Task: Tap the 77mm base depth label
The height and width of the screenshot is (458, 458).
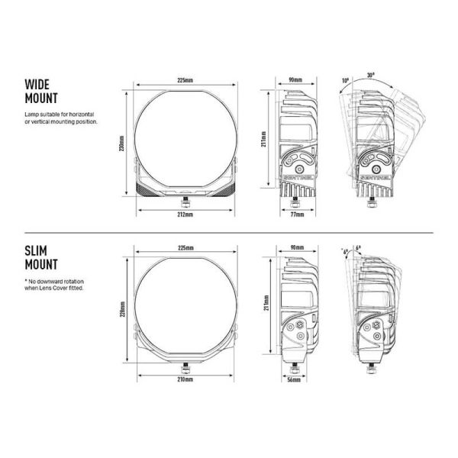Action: (297, 215)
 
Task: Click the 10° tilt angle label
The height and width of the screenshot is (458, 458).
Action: (345, 79)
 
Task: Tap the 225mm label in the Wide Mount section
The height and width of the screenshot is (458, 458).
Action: (183, 79)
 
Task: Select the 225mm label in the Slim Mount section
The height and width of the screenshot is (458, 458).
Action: (184, 248)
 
